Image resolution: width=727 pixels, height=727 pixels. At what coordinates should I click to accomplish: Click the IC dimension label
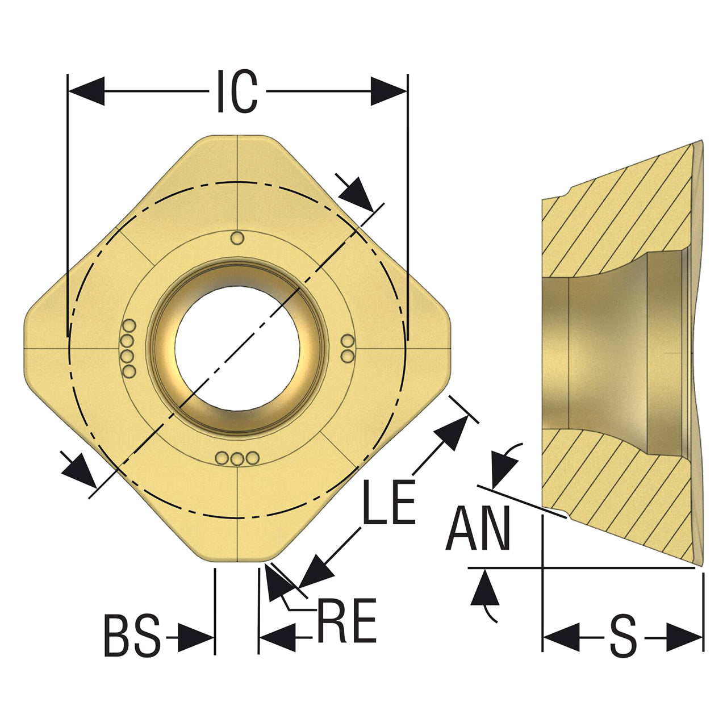click(x=237, y=91)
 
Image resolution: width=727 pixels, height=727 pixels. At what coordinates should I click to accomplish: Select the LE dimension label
click(x=388, y=502)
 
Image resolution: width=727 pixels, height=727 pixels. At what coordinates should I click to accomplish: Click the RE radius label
click(x=347, y=620)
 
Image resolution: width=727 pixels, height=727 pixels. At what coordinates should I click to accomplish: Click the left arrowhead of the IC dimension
click(x=86, y=91)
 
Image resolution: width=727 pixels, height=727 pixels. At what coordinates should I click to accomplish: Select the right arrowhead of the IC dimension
click(x=388, y=91)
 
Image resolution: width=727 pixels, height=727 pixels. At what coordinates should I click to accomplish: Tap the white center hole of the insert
click(x=237, y=348)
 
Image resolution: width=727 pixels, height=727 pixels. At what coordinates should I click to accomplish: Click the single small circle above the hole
click(x=237, y=239)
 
